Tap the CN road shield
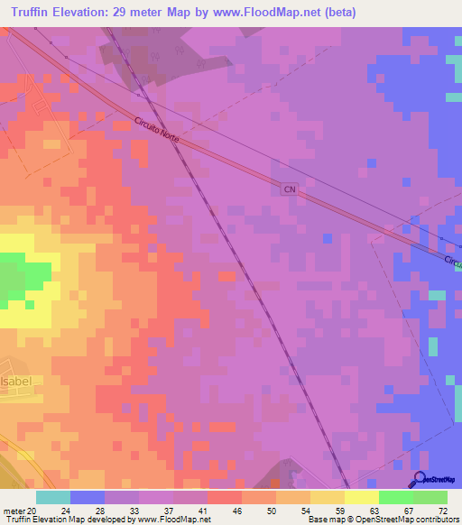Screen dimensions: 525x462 [x=289, y=189]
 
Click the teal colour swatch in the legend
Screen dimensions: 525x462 [x=53, y=497]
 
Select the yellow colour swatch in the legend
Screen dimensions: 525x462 [x=361, y=497]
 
